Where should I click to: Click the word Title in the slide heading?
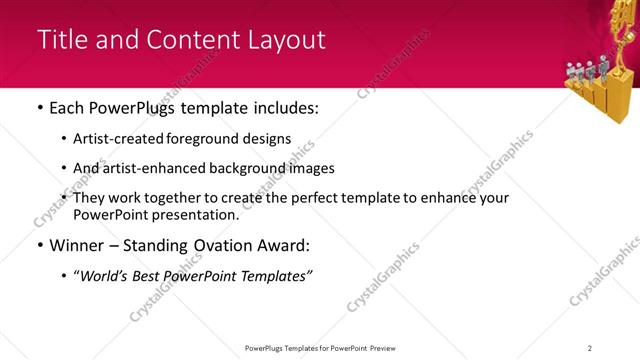tap(60, 40)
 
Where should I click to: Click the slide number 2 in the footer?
tap(590, 348)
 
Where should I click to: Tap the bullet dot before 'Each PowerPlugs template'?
tap(39, 107)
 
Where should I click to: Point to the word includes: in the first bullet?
tap(285, 107)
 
